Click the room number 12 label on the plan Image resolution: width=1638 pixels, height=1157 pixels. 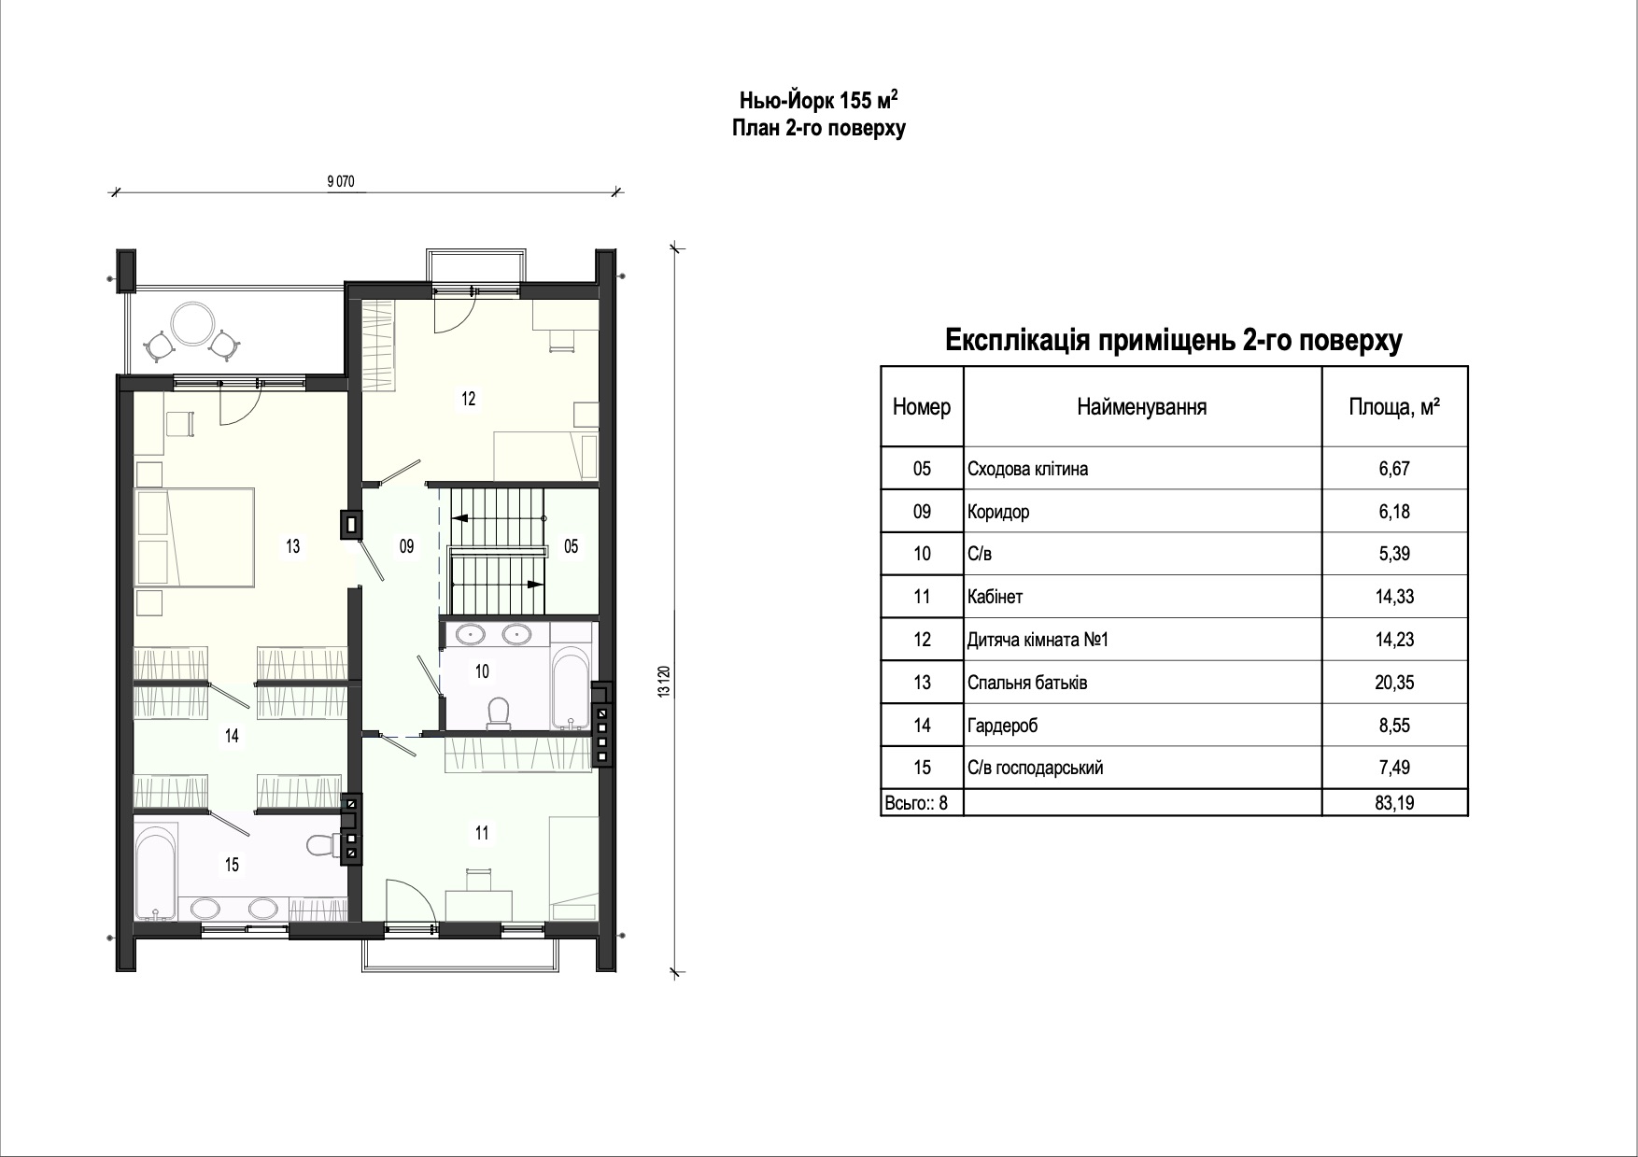468,399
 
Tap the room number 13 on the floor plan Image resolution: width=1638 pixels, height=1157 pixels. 293,546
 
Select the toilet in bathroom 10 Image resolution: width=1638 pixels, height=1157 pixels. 499,713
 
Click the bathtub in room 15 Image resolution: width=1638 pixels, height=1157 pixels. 156,870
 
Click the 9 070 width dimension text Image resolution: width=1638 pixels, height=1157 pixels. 342,182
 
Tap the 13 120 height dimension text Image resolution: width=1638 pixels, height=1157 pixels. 664,682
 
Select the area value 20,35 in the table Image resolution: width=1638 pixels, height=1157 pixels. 1394,683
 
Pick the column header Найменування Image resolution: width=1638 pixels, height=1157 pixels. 1141,407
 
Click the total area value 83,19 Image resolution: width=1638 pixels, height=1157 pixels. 1394,802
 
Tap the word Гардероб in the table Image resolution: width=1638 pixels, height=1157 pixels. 1004,726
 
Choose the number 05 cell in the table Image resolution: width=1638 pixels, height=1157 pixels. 922,469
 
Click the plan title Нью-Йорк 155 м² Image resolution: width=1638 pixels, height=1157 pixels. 819,100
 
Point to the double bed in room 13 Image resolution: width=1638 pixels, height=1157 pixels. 194,537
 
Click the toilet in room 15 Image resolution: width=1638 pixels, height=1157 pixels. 323,845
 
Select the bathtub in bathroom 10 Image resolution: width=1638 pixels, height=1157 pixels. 568,689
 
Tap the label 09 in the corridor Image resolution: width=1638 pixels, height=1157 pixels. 406,546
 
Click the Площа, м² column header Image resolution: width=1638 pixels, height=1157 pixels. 1394,407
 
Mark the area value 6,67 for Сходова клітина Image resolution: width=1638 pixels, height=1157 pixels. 1394,469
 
